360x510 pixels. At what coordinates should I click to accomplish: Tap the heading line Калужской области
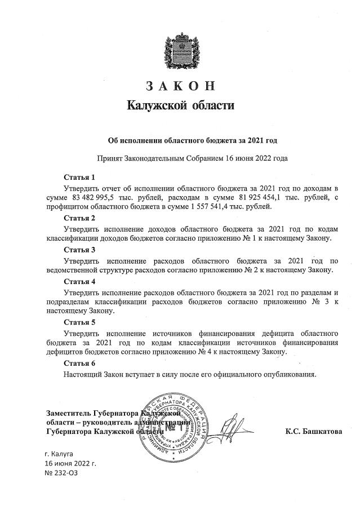coord(180,105)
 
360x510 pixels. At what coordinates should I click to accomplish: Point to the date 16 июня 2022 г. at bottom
coord(70,463)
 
